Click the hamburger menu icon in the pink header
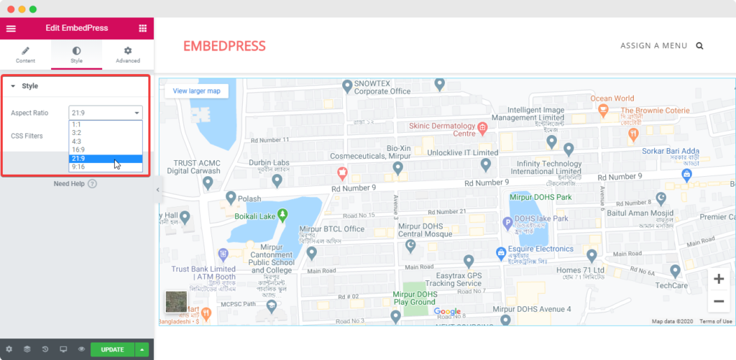coord(11,28)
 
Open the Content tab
coord(25,55)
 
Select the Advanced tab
coord(127,55)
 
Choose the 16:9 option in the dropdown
coord(78,149)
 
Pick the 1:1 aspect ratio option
coord(76,124)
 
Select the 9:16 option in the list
coord(78,167)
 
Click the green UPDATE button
coord(112,350)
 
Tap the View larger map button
coord(196,91)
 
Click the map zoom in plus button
coord(718,279)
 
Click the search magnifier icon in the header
coord(699,46)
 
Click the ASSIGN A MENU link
coord(653,46)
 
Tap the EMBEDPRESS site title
coord(224,46)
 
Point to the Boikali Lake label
coord(255,216)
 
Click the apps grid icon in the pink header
coord(142,28)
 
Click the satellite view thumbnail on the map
coord(175,302)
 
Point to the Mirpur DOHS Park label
coord(540,197)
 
